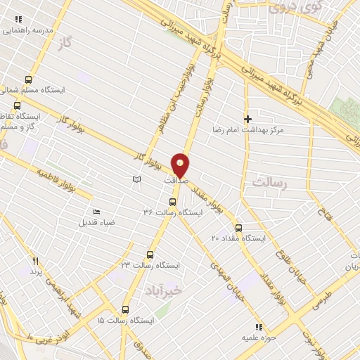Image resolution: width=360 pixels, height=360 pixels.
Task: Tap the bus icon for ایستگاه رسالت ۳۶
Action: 173,202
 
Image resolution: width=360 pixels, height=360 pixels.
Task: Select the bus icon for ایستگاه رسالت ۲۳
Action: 150,255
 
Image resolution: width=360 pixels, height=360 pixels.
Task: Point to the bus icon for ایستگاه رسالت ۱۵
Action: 126,309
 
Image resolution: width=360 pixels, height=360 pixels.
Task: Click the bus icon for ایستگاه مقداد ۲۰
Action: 238,228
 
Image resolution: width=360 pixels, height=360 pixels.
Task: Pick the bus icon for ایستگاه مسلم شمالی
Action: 28,79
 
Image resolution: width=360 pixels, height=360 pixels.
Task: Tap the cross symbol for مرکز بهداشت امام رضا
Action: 247,120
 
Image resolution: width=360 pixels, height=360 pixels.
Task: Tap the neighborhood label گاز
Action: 67,43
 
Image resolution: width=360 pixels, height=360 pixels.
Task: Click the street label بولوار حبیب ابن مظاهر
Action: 174,99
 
